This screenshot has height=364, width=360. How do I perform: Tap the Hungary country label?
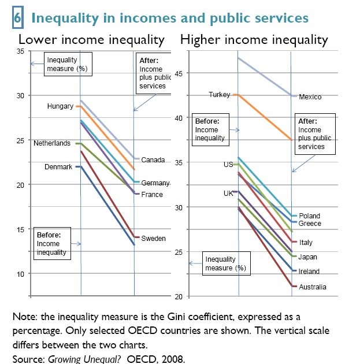click(60, 106)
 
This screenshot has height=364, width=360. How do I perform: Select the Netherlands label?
click(52, 143)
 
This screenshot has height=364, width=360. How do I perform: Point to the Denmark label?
click(58, 167)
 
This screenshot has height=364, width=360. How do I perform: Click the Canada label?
click(153, 160)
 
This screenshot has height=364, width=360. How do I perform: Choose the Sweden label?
click(154, 239)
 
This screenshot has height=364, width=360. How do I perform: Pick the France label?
click(153, 195)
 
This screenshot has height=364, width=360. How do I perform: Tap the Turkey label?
click(220, 95)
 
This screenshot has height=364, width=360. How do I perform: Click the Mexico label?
click(310, 97)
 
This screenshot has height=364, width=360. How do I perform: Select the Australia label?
click(313, 287)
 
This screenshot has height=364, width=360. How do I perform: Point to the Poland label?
click(309, 216)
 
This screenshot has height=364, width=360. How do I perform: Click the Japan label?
click(308, 257)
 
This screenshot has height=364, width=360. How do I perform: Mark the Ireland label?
click(309, 272)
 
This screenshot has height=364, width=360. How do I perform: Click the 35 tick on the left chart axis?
click(20, 51)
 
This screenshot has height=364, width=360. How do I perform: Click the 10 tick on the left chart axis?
click(20, 274)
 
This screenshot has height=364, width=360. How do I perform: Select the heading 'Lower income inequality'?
click(92, 40)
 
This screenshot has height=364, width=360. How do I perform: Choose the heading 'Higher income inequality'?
click(254, 40)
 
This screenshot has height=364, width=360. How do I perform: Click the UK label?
click(228, 194)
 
